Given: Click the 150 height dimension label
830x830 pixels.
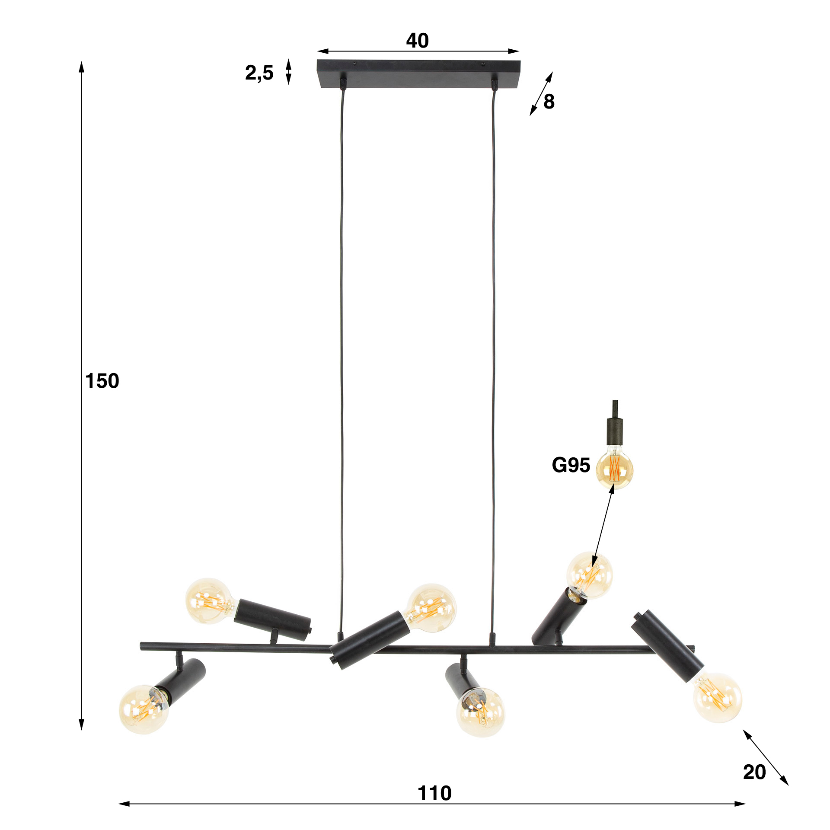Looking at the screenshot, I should pyautogui.click(x=102, y=381).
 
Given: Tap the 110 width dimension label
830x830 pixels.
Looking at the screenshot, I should pyautogui.click(x=434, y=793).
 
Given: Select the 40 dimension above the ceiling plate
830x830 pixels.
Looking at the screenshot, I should pyautogui.click(x=417, y=41).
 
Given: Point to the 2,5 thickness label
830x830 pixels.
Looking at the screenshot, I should pyautogui.click(x=259, y=73).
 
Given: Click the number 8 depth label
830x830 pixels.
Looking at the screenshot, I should pyautogui.click(x=549, y=102).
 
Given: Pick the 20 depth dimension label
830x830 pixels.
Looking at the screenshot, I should pyautogui.click(x=754, y=772).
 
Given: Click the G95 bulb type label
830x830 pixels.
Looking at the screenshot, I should pyautogui.click(x=571, y=465).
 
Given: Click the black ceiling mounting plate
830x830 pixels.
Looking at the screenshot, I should pyautogui.click(x=418, y=74).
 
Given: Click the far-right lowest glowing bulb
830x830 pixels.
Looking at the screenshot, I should pyautogui.click(x=717, y=697).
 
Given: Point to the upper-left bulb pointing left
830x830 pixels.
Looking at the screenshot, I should pyautogui.click(x=209, y=600).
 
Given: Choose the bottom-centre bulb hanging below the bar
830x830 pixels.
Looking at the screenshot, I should pyautogui.click(x=480, y=711).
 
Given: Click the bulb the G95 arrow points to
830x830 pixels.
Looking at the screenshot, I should pyautogui.click(x=590, y=575).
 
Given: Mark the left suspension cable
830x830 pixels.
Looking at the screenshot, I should pyautogui.click(x=342, y=346).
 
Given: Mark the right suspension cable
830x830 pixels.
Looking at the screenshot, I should pyautogui.click(x=493, y=346).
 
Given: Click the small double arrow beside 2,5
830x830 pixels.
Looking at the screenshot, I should pyautogui.click(x=289, y=71).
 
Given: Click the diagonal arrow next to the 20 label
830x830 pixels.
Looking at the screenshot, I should pyautogui.click(x=766, y=757).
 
